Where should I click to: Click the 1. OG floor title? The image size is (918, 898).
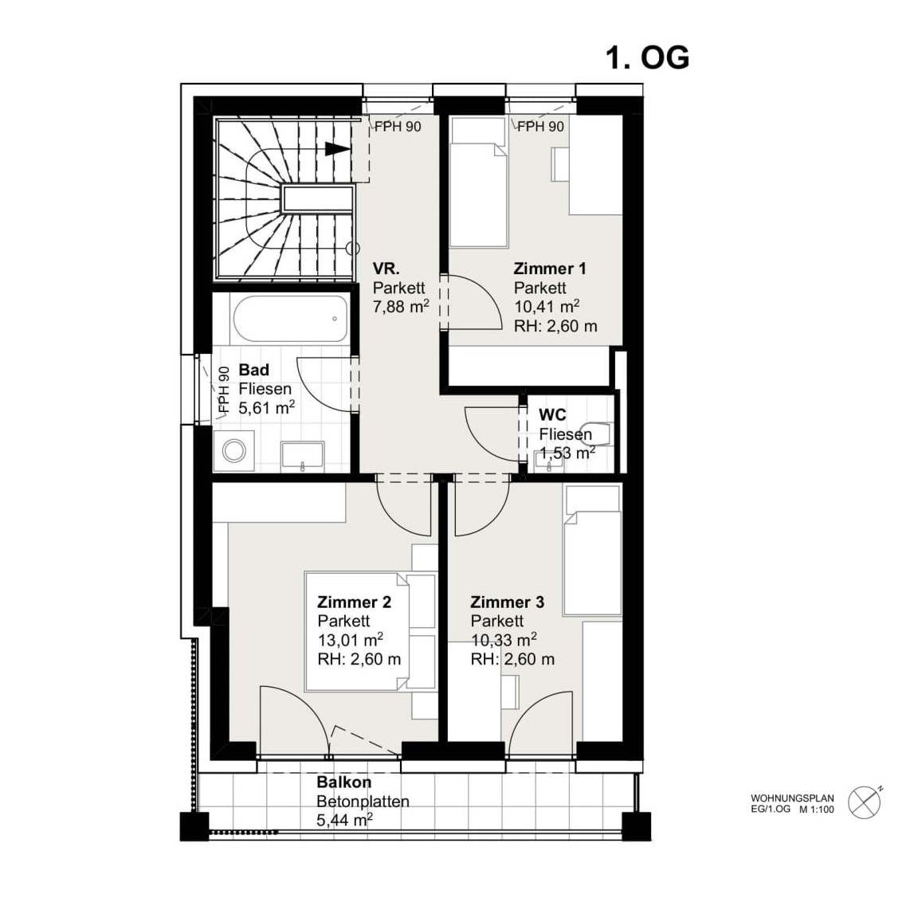pyautogui.click(x=647, y=58)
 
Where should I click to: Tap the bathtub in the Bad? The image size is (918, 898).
pyautogui.click(x=290, y=319)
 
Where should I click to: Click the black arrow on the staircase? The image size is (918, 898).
pyautogui.click(x=337, y=149)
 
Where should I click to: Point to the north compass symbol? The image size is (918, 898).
pyautogui.click(x=865, y=802)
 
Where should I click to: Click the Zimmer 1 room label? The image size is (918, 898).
pyautogui.click(x=550, y=269)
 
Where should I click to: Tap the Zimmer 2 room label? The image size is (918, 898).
pyautogui.click(x=354, y=602)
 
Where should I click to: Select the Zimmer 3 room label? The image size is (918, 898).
pyautogui.click(x=507, y=602)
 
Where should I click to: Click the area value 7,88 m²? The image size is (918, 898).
pyautogui.click(x=401, y=306)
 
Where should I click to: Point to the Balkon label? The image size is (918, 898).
pyautogui.click(x=343, y=782)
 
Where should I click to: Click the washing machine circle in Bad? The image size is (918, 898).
pyautogui.click(x=234, y=451)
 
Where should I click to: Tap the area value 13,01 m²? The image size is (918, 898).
pyautogui.click(x=351, y=640)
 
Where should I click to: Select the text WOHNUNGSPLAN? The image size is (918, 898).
pyautogui.click(x=792, y=798)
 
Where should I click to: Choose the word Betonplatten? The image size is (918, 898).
pyautogui.click(x=363, y=802)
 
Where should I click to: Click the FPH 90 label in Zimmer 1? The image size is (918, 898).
pyautogui.click(x=540, y=127)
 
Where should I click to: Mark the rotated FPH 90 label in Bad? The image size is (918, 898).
pyautogui.click(x=223, y=390)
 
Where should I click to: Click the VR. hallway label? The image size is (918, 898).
pyautogui.click(x=386, y=269)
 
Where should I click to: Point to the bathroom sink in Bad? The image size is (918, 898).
pyautogui.click(x=302, y=457)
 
